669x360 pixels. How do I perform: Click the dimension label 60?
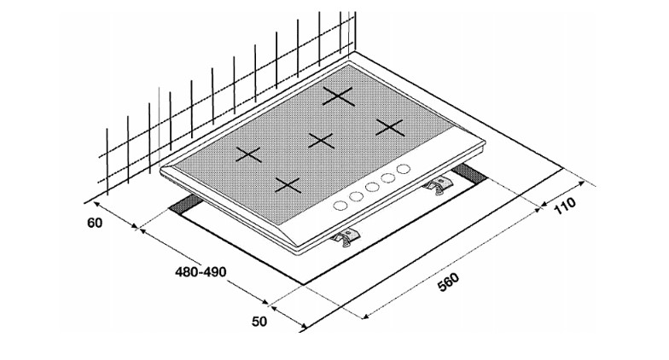click(95, 223)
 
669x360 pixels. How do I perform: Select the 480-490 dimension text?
click(201, 271)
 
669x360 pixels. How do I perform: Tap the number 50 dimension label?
click(259, 321)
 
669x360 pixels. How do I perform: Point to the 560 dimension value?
click(449, 282)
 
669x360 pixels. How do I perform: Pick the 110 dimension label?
click(565, 206)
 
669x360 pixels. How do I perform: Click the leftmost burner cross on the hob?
click(248, 155)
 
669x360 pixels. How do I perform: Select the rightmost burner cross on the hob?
click(390, 127)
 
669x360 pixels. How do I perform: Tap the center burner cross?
click(321, 140)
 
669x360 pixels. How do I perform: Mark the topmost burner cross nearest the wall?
click(338, 96)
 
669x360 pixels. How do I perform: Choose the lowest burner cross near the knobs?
click(288, 185)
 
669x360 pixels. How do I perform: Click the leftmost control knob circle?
click(340, 205)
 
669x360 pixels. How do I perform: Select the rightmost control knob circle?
click(403, 169)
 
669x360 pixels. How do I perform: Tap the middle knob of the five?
click(372, 187)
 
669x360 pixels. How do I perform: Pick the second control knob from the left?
click(356, 196)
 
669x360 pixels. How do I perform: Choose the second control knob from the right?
click(388, 177)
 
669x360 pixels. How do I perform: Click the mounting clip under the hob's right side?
click(439, 185)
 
